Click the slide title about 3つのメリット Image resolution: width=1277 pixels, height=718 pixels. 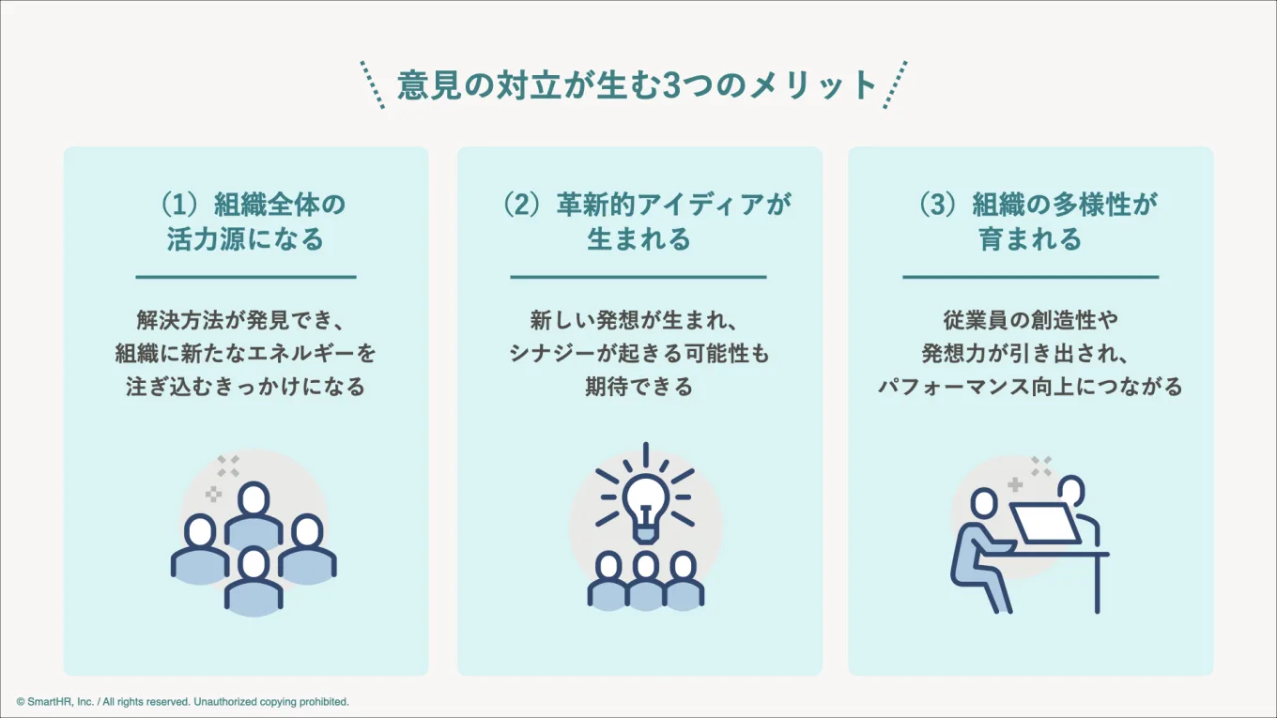[637, 85]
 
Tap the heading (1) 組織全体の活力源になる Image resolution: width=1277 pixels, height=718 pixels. [245, 222]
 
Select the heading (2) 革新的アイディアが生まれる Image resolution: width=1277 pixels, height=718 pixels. [638, 222]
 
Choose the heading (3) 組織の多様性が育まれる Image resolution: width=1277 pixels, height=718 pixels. [1030, 222]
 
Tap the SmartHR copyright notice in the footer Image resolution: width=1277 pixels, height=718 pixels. [183, 701]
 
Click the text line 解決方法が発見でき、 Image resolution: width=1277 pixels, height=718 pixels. [245, 320]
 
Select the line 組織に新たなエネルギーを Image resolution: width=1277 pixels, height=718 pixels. [245, 353]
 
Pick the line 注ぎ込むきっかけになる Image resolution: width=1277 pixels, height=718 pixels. [245, 386]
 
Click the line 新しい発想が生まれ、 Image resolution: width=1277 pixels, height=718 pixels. [638, 320]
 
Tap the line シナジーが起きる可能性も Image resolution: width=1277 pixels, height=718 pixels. [638, 353]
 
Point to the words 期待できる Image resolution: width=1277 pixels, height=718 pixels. [638, 386]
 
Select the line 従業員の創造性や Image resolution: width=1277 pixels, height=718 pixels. [1030, 320]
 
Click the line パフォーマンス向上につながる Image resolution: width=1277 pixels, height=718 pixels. [1030, 386]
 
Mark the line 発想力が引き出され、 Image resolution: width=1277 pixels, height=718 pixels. [1030, 353]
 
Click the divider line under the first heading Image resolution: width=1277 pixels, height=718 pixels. [245, 277]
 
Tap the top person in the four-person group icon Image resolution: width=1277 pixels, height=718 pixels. [254, 502]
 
